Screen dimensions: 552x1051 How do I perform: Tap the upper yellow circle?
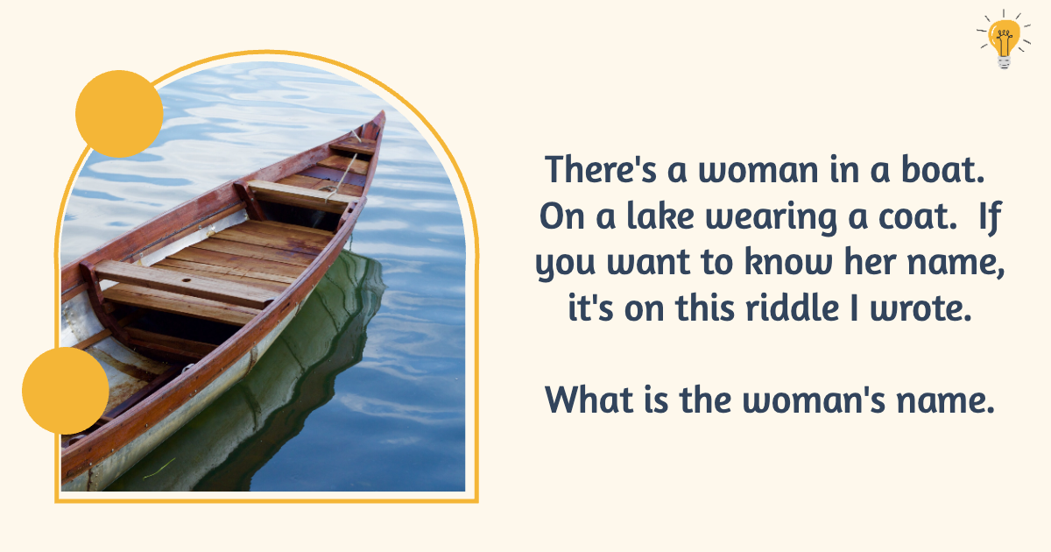(x=119, y=114)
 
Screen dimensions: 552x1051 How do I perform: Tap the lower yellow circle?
(x=66, y=390)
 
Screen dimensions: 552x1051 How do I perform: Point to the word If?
(x=988, y=216)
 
